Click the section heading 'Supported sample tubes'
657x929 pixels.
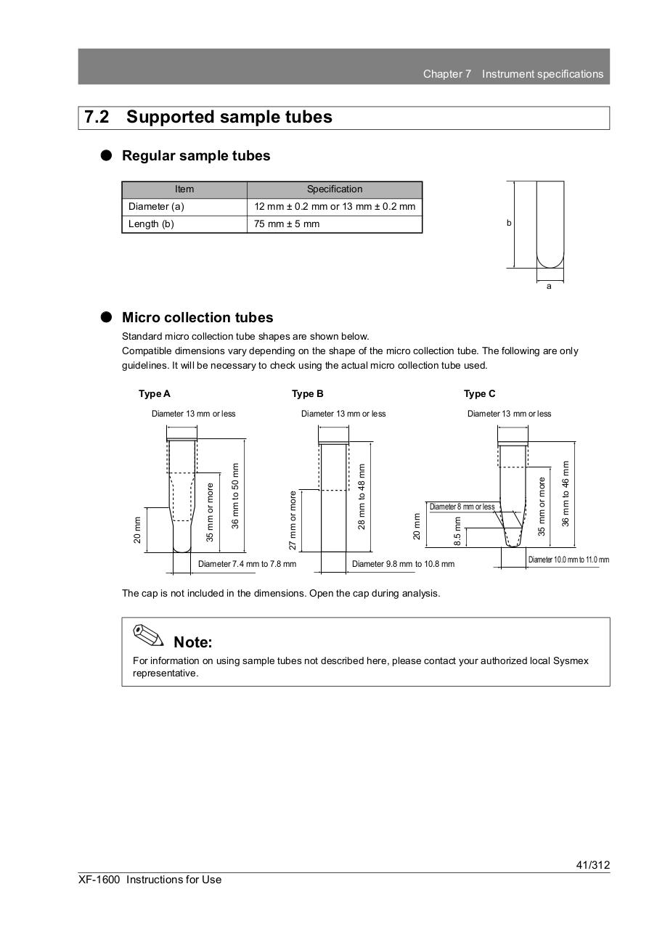point(229,118)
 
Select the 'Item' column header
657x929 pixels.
point(184,189)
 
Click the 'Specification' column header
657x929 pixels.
point(334,189)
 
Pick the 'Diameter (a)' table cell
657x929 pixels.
point(156,207)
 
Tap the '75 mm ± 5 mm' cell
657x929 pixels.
point(287,224)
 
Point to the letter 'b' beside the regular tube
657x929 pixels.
point(509,224)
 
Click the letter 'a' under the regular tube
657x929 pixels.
point(549,287)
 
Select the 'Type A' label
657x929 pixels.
point(155,394)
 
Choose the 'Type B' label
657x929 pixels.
point(308,394)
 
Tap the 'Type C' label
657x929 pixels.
point(480,394)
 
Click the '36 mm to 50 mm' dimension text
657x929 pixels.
point(235,496)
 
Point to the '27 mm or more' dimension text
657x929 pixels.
point(293,520)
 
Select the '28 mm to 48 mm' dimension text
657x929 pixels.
point(362,496)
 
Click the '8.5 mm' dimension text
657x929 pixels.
point(457,531)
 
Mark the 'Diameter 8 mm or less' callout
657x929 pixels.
point(462,507)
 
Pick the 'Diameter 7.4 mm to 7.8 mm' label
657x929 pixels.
point(247,564)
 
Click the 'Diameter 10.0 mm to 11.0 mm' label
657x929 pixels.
point(568,560)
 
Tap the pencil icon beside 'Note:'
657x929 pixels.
point(148,635)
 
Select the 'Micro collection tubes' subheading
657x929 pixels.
point(197,318)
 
